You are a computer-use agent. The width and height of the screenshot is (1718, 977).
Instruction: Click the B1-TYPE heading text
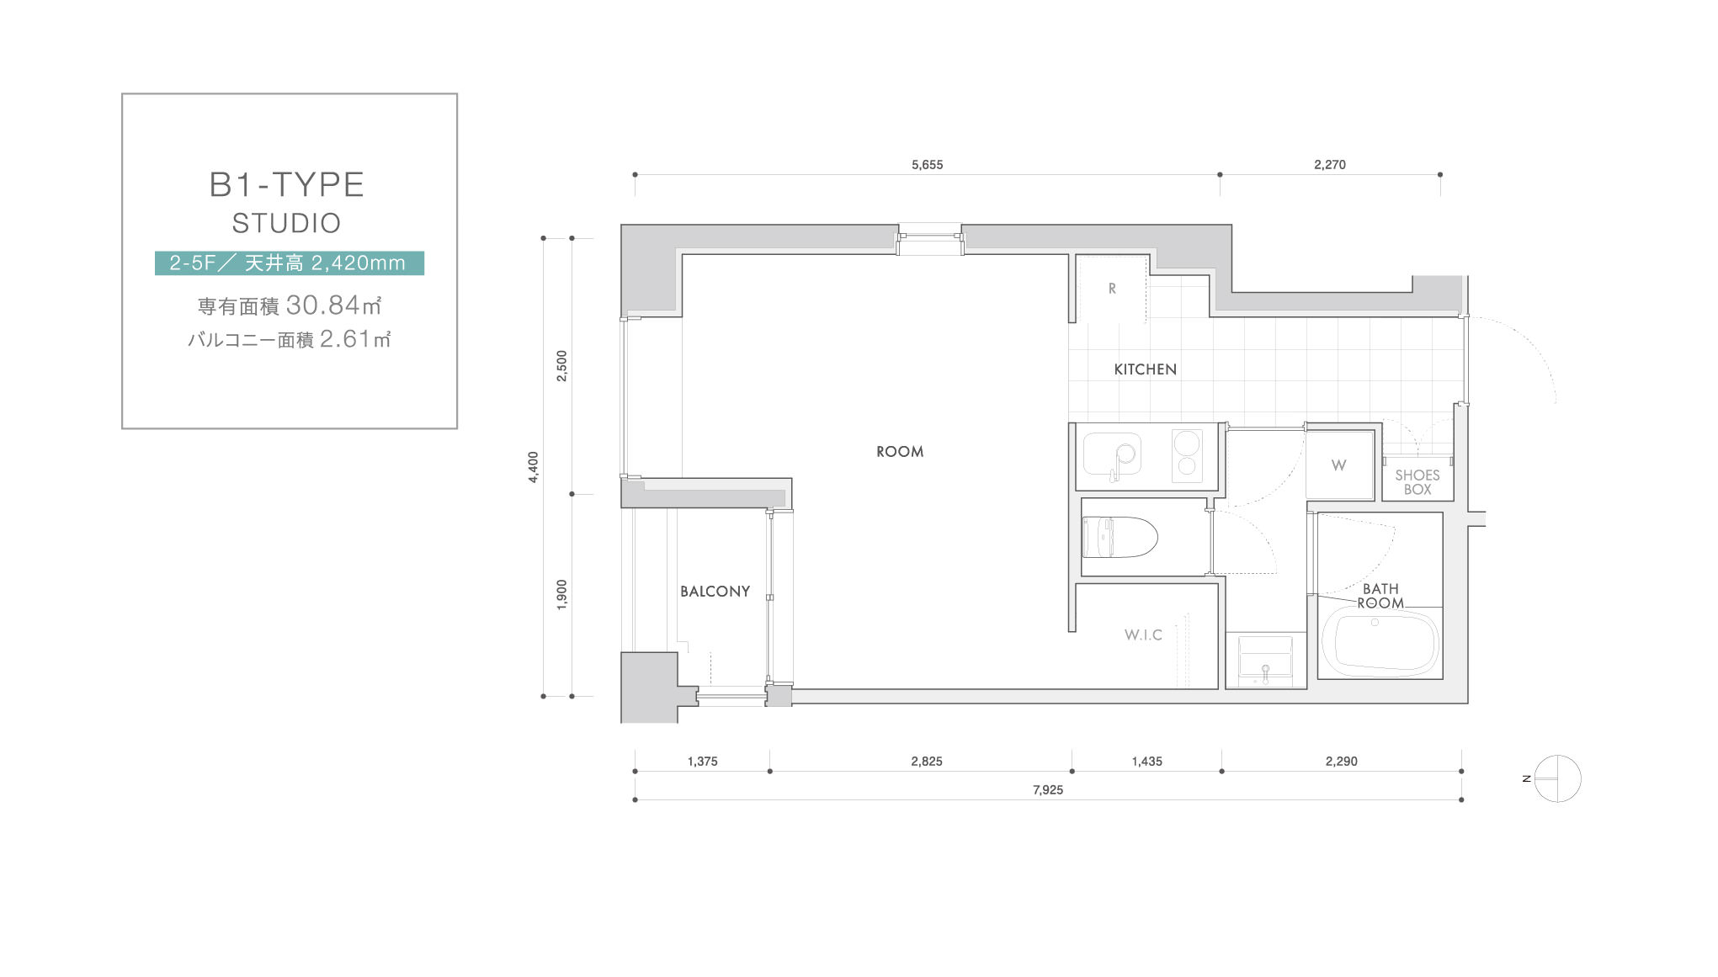(x=287, y=184)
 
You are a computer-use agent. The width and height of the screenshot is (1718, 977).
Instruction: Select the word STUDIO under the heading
(x=287, y=223)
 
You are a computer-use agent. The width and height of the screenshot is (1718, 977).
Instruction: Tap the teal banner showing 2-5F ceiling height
(x=290, y=263)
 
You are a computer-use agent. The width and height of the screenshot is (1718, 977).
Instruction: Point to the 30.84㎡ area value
(x=334, y=305)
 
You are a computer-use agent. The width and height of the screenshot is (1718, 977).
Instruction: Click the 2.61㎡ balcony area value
(x=355, y=338)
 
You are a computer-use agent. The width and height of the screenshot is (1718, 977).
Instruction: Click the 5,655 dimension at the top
(x=927, y=165)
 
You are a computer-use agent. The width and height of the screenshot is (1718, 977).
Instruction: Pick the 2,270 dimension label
(x=1330, y=165)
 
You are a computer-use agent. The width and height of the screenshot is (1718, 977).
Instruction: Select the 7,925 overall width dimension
(x=1048, y=789)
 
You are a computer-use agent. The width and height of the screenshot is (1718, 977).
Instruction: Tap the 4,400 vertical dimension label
(x=533, y=467)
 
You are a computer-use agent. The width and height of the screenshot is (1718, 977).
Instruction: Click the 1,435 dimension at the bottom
(x=1146, y=762)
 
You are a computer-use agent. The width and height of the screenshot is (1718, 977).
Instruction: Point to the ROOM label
(x=900, y=452)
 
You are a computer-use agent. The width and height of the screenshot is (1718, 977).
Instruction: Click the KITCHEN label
(x=1145, y=369)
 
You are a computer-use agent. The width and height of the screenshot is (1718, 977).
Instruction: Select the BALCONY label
(x=715, y=592)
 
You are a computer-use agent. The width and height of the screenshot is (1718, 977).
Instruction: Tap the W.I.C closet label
(x=1143, y=635)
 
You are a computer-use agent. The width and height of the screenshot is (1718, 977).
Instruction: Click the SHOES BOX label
(x=1417, y=482)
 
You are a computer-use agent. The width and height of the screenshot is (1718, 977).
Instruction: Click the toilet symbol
(x=1120, y=538)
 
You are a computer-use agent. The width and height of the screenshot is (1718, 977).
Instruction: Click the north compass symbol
(x=1556, y=778)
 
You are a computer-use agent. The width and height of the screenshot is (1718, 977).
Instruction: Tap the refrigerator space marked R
(x=1112, y=289)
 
